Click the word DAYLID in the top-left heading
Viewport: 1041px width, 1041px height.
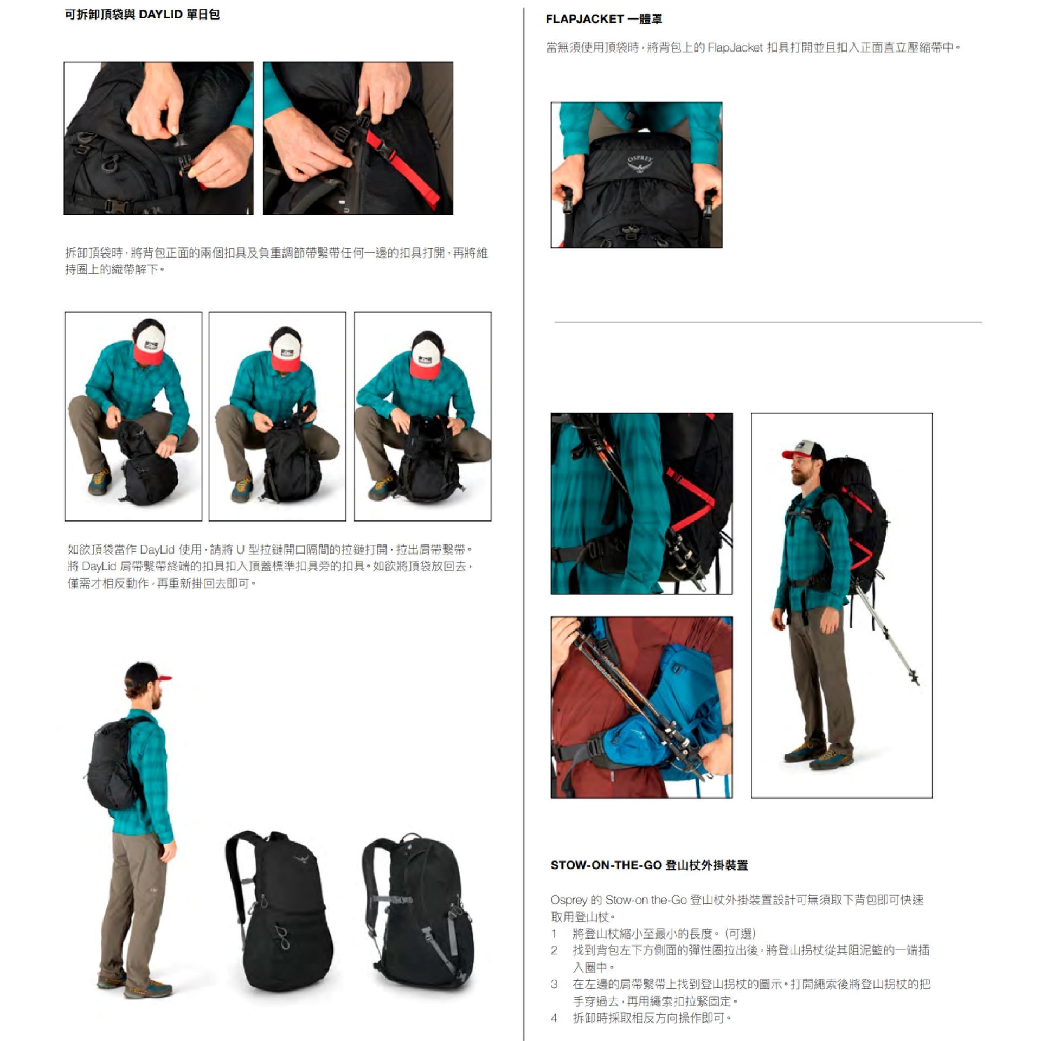(160, 15)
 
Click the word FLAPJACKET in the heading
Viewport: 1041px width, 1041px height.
(584, 20)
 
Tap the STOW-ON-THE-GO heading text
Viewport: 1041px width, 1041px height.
(606, 865)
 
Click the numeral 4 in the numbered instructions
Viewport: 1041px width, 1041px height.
(554, 1018)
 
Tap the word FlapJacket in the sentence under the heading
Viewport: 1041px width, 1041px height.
(735, 48)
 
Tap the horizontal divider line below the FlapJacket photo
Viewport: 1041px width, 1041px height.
(768, 322)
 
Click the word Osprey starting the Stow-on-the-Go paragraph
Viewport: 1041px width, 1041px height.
(569, 900)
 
